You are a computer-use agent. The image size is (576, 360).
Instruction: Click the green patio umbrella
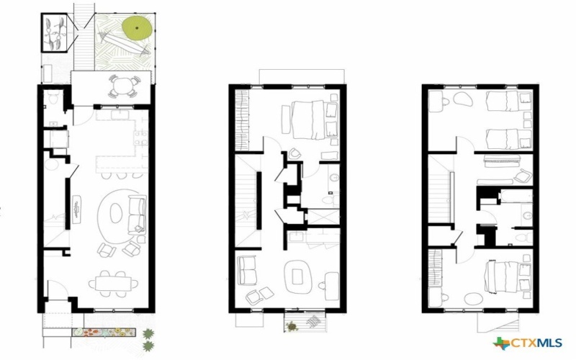tap(138, 27)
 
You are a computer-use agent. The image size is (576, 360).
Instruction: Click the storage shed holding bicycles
tap(56, 32)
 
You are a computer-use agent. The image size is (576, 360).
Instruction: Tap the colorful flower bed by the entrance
tap(105, 332)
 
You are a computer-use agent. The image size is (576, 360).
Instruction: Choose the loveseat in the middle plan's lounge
tap(247, 271)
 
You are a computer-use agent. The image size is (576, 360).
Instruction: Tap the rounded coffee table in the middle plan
tap(297, 274)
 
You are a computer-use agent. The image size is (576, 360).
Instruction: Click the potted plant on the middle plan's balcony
tap(292, 326)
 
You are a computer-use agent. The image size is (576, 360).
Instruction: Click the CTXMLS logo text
tap(537, 343)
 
